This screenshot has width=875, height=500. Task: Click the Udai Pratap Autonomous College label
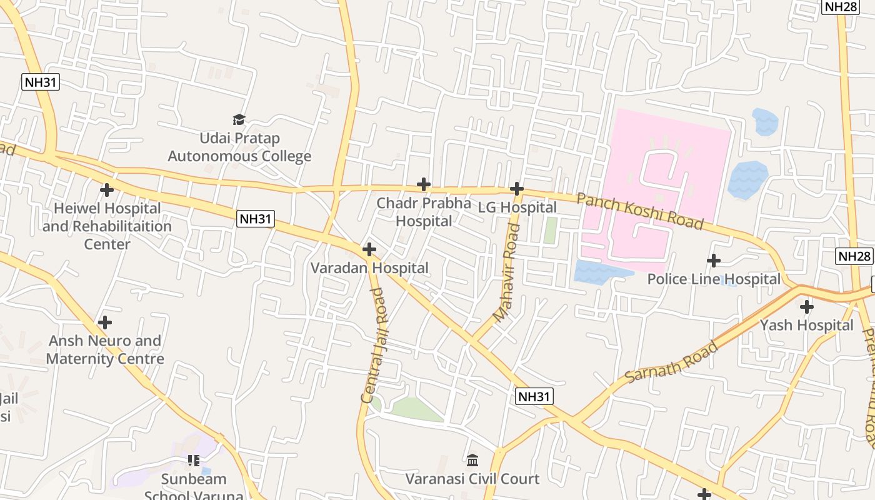tap(239, 147)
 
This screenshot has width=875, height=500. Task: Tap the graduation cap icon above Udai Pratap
tap(239, 119)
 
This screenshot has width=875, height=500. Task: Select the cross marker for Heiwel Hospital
tap(107, 189)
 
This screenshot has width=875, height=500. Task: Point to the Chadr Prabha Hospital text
tap(424, 212)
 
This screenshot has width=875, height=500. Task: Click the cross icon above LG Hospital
tap(516, 188)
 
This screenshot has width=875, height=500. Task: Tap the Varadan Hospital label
tap(369, 268)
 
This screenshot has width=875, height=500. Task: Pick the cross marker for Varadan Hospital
tap(369, 249)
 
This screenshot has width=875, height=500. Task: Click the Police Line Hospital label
tap(714, 279)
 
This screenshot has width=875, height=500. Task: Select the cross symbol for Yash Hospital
tap(807, 307)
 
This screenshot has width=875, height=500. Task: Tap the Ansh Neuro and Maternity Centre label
tap(105, 349)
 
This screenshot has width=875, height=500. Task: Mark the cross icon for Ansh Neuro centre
tap(105, 322)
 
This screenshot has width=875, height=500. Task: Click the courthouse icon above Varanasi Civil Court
tap(472, 461)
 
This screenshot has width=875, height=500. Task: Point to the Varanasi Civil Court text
tap(472, 479)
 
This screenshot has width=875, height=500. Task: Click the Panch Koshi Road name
tap(639, 211)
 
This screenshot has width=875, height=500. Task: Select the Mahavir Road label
tap(506, 273)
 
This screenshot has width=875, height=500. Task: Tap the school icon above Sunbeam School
tap(194, 461)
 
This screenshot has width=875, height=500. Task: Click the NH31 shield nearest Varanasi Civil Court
tap(535, 396)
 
